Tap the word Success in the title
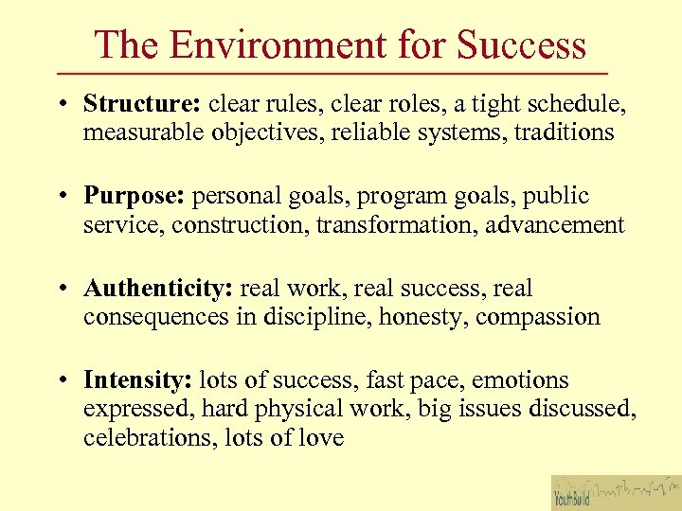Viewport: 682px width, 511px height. pos(521,44)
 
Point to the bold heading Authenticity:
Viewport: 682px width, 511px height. pos(159,288)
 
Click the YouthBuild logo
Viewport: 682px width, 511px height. pos(616,492)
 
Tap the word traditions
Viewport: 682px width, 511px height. pos(564,132)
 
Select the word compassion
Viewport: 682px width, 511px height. pos(537,316)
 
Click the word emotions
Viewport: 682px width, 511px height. pos(520,379)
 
